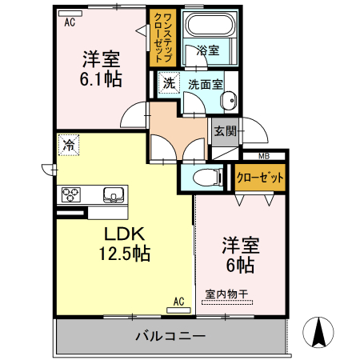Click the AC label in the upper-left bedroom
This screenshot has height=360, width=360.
70,22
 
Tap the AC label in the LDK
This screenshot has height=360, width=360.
179,302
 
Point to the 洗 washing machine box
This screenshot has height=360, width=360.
168,83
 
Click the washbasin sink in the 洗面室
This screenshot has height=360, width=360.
229,101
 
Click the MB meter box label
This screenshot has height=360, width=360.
265,156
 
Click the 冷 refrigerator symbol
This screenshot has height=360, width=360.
69,145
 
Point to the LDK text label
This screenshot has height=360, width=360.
123,234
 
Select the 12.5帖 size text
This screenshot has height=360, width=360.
124,254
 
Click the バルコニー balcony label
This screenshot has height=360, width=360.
170,336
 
